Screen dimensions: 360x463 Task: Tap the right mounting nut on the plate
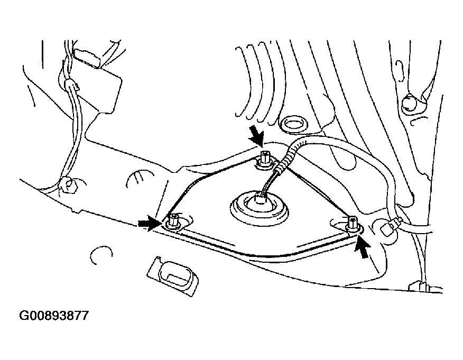pyautogui.click(x=353, y=223)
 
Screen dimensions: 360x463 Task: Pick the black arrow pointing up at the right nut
pyautogui.click(x=363, y=246)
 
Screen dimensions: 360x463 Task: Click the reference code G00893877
pyautogui.click(x=54, y=317)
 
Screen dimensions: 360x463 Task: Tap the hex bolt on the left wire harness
pyautogui.click(x=68, y=184)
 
